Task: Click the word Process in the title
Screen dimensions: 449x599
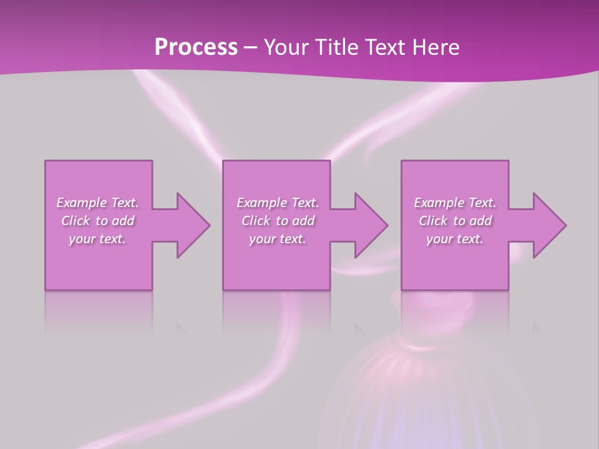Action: pos(196,47)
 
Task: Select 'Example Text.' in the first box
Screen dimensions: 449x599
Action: pos(98,203)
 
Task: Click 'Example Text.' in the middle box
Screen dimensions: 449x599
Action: pos(278,203)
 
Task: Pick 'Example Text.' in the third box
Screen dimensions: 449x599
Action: pos(455,203)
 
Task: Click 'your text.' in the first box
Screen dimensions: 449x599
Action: pos(97,239)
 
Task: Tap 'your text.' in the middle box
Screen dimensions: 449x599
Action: pos(277,239)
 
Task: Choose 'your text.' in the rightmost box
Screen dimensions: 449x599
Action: pos(454,239)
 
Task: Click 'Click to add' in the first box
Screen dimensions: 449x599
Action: pos(98,221)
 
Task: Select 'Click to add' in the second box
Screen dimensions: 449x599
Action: pos(278,221)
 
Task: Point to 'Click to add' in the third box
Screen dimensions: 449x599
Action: pos(455,221)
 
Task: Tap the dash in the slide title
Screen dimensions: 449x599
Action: pos(250,48)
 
